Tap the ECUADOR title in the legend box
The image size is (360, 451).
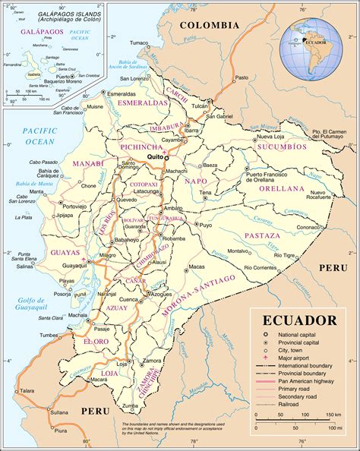(299, 320)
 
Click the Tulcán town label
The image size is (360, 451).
(199, 106)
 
